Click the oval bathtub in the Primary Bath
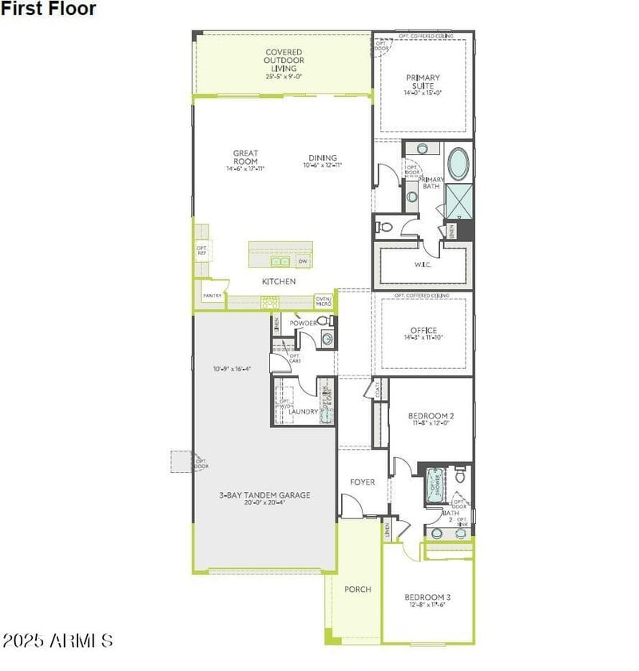click(x=458, y=164)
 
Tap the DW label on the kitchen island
click(x=303, y=261)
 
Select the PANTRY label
click(x=212, y=296)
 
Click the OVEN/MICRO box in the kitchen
click(x=323, y=300)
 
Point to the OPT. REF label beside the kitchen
click(x=201, y=251)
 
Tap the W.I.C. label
click(x=423, y=264)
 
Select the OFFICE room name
click(x=423, y=330)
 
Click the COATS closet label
click(x=375, y=389)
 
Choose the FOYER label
click(x=363, y=482)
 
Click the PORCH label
click(x=358, y=590)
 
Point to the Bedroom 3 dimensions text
click(x=427, y=605)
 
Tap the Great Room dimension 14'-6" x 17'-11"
click(x=245, y=169)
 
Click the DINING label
click(x=323, y=157)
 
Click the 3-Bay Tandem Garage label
click(x=264, y=495)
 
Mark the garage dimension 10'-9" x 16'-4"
click(x=232, y=369)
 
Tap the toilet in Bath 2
click(x=459, y=477)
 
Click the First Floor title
click(x=49, y=10)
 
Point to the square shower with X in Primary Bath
click(x=458, y=201)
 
